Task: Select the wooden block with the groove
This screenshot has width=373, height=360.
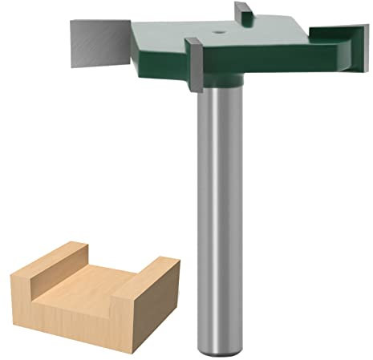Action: click(x=88, y=289)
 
